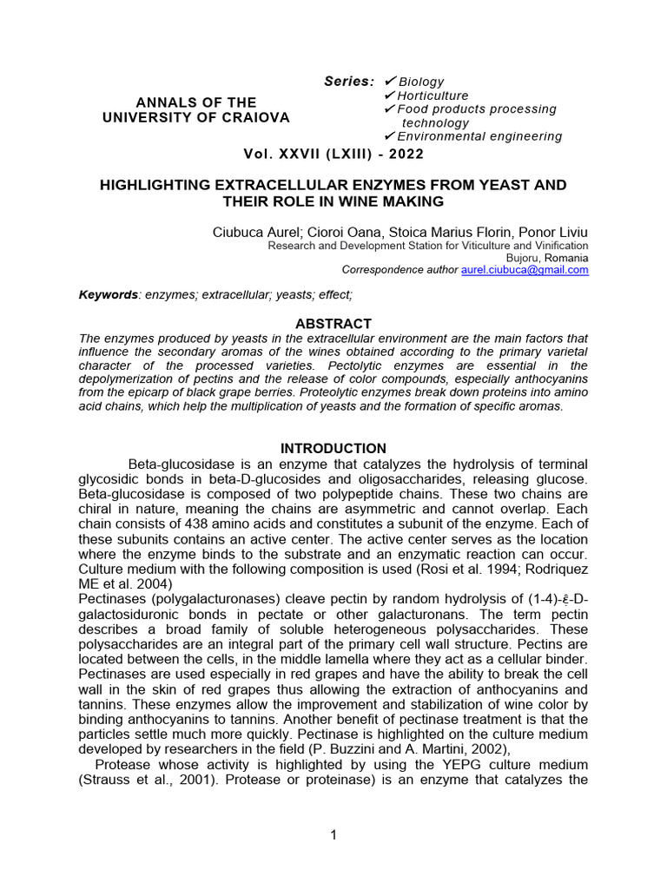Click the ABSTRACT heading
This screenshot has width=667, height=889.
tap(333, 324)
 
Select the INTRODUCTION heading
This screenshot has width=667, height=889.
tap(333, 449)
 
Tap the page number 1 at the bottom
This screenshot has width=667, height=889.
tap(333, 835)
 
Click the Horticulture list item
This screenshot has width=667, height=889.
tap(433, 95)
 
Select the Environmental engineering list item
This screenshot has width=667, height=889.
tap(479, 136)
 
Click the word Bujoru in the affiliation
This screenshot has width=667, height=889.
tap(523, 258)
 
